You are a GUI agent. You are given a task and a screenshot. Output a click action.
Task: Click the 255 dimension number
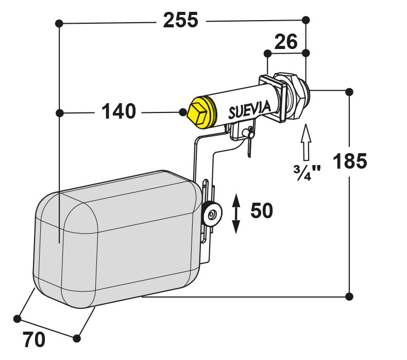point(181,20)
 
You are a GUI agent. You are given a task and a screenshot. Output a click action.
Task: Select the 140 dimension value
point(118,111)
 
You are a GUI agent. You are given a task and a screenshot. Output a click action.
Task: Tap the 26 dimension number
point(286,42)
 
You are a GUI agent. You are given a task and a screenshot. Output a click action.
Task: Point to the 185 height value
point(350,161)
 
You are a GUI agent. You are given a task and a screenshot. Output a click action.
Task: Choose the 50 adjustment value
point(262,210)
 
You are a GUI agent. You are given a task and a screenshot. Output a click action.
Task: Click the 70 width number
point(34,339)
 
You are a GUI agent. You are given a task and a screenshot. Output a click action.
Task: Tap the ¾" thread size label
point(307,173)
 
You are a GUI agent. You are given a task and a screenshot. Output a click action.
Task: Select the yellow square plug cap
point(201,113)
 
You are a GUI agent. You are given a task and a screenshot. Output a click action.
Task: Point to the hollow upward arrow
point(306,142)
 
